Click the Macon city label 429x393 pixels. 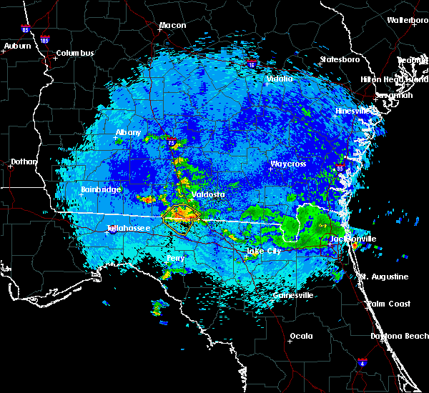pyautogui.click(x=172, y=26)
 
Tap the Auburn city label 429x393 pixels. pyautogui.click(x=17, y=46)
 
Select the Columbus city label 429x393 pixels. pyautogui.click(x=75, y=54)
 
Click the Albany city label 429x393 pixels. pyautogui.click(x=128, y=133)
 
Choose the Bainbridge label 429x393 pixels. pyautogui.click(x=101, y=190)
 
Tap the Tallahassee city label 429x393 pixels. pyautogui.click(x=128, y=229)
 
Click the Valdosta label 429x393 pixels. pyautogui.click(x=208, y=194)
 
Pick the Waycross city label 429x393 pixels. pyautogui.click(x=287, y=164)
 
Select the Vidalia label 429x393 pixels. pyautogui.click(x=279, y=79)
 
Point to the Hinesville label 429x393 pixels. pyautogui.click(x=353, y=111)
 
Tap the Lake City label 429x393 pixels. pyautogui.click(x=265, y=252)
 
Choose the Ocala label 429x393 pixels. pyautogui.click(x=301, y=336)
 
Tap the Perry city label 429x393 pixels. pyautogui.click(x=175, y=259)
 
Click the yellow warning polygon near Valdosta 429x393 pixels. pyautogui.click(x=181, y=217)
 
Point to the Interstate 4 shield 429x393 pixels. pyautogui.click(x=363, y=363)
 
